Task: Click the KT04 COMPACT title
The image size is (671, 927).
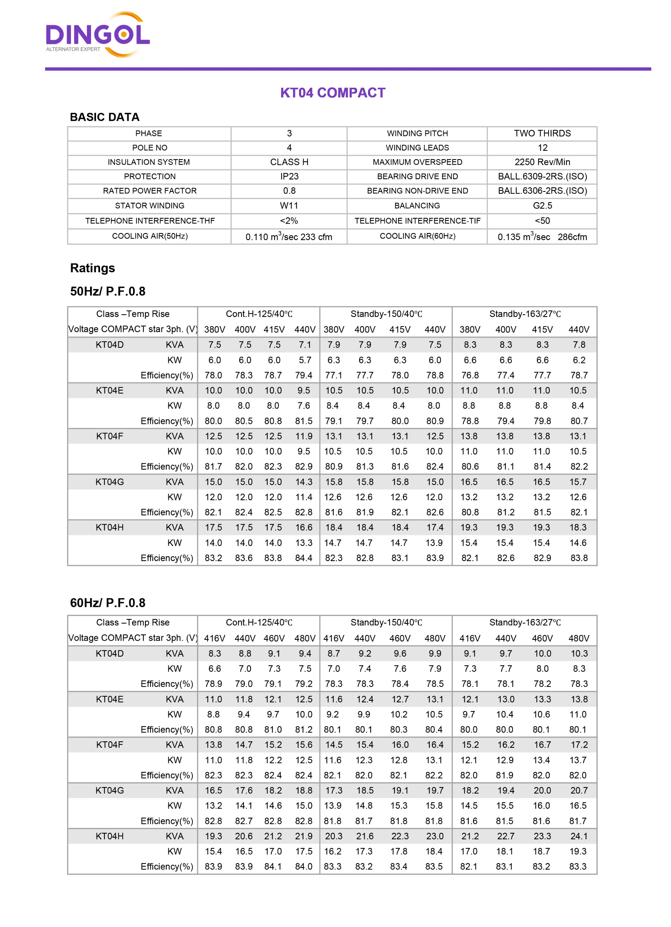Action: (x=333, y=93)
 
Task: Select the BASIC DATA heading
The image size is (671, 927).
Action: (x=105, y=117)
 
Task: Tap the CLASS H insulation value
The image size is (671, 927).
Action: (x=289, y=162)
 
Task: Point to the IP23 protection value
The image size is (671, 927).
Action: (x=289, y=176)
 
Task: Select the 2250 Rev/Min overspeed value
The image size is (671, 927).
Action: (x=542, y=162)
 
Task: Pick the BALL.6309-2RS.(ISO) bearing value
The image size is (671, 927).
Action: (x=542, y=176)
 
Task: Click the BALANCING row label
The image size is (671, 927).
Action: (x=417, y=205)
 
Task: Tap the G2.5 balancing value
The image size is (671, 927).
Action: (x=542, y=205)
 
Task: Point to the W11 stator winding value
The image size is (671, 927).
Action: (x=289, y=205)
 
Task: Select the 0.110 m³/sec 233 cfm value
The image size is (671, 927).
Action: (x=289, y=237)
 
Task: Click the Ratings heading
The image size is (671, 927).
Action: (x=92, y=268)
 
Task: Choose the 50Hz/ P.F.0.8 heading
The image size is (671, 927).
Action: (x=108, y=291)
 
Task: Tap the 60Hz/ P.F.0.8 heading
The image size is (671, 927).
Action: (x=108, y=603)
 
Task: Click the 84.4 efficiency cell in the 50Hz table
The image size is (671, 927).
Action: (x=304, y=558)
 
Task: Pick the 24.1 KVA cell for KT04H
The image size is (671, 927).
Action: (x=579, y=836)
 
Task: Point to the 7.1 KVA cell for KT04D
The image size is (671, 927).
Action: (x=304, y=345)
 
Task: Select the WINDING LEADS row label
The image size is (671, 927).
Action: (x=417, y=148)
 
